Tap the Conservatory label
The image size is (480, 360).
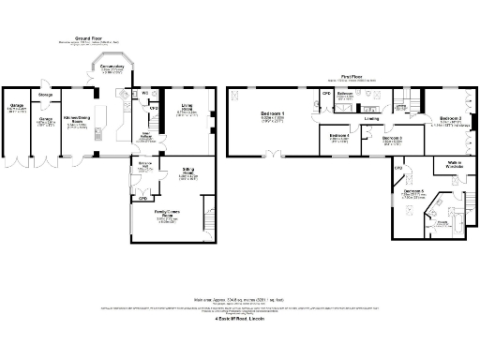pyautogui.click(x=112, y=69)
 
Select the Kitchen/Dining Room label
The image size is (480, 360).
pyautogui.click(x=77, y=118)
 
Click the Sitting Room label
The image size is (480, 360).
pyautogui.click(x=187, y=173)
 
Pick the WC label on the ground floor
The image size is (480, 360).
pyautogui.click(x=145, y=94)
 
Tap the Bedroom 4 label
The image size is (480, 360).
pyautogui.click(x=339, y=137)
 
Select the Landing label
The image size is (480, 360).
pyautogui.click(x=372, y=119)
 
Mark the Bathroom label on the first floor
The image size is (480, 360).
pyautogui.click(x=344, y=95)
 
